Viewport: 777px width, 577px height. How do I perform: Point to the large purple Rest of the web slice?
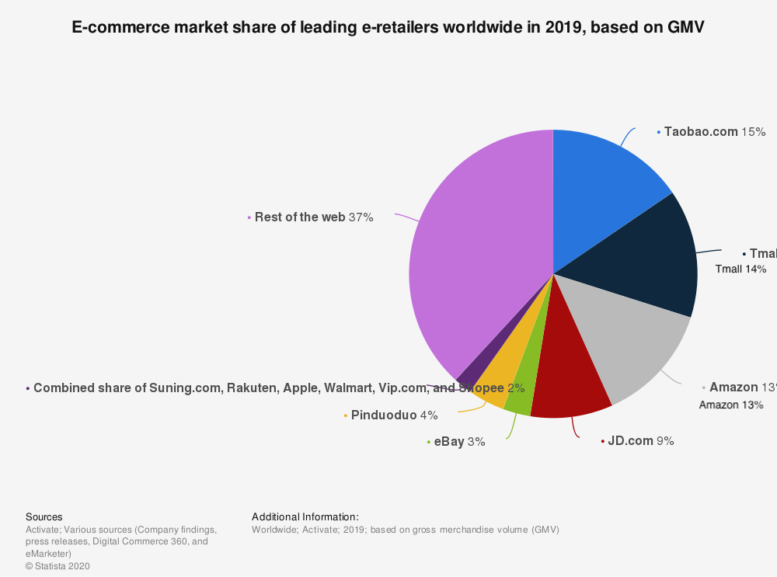[x=474, y=249]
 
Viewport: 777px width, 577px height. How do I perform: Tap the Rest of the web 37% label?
[x=314, y=217]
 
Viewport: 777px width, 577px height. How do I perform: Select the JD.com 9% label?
[x=640, y=441]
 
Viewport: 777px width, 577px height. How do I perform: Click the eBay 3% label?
[x=459, y=442]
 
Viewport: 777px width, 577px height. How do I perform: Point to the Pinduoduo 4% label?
[x=394, y=415]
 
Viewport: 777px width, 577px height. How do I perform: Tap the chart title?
[x=388, y=27]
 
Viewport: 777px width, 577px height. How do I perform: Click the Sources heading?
[x=44, y=516]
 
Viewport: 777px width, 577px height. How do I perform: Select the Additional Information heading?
[x=305, y=516]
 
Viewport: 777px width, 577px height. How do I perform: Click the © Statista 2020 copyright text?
[x=57, y=566]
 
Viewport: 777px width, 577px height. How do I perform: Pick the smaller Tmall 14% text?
[x=740, y=269]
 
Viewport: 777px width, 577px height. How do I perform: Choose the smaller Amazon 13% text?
[x=731, y=405]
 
